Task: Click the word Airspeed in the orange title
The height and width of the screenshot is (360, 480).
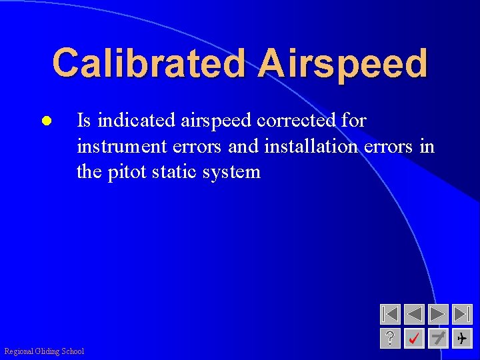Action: pyautogui.click(x=343, y=64)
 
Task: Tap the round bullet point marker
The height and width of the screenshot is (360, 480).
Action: pyautogui.click(x=45, y=122)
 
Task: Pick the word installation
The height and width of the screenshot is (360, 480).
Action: pyautogui.click(x=311, y=146)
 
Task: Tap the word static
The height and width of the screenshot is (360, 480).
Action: pyautogui.click(x=175, y=172)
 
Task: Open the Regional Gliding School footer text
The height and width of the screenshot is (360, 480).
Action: pyautogui.click(x=44, y=351)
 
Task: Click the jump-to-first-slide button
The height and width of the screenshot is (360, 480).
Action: pyautogui.click(x=390, y=314)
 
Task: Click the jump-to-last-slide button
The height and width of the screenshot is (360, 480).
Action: pyautogui.click(x=462, y=314)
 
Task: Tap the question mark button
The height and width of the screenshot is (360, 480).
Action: pyautogui.click(x=390, y=339)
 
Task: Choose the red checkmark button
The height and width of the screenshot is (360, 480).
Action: pyautogui.click(x=414, y=339)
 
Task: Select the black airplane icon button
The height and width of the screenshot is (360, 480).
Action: pyautogui.click(x=462, y=339)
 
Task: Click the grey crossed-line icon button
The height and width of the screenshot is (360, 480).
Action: pyautogui.click(x=438, y=339)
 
